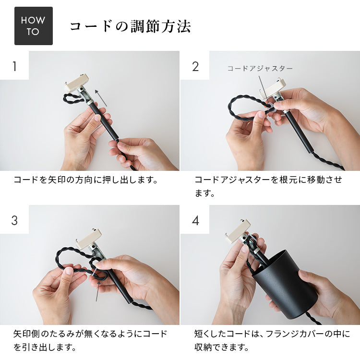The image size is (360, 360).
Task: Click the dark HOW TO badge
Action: click(33, 26)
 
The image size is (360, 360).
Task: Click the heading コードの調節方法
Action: click(130, 26)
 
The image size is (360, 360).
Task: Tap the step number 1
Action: click(14, 66)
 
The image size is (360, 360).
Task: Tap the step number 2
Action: click(195, 66)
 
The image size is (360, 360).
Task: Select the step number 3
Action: click(14, 220)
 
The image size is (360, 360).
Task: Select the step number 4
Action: click(195, 220)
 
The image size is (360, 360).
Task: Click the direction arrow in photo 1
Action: click(101, 97)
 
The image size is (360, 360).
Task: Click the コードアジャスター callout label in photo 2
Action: click(260, 69)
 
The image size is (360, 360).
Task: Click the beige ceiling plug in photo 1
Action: click(77, 84)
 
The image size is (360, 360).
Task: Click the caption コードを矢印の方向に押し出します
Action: click(85, 180)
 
